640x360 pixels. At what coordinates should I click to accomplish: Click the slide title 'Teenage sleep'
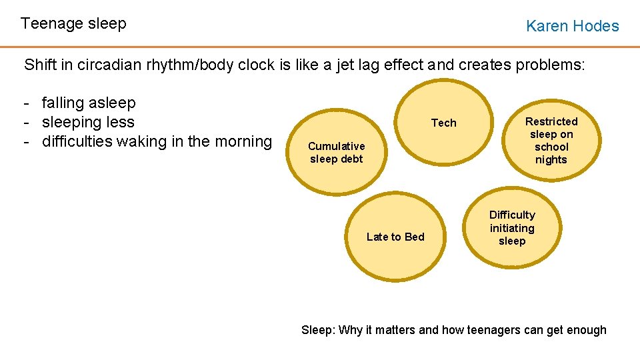pyautogui.click(x=73, y=24)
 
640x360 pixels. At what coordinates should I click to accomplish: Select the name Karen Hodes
pyautogui.click(x=572, y=26)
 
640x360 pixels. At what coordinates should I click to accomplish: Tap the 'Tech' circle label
pyautogui.click(x=444, y=123)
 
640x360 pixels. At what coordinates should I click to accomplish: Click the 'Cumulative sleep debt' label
pyautogui.click(x=337, y=152)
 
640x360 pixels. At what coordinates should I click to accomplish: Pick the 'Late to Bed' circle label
pyautogui.click(x=395, y=237)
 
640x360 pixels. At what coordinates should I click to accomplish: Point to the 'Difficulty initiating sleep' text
pyautogui.click(x=512, y=228)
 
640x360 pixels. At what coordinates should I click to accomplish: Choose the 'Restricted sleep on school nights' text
pyautogui.click(x=551, y=140)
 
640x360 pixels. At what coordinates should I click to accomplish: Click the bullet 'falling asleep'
pyautogui.click(x=88, y=103)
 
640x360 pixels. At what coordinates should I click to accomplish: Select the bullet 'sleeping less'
pyautogui.click(x=88, y=123)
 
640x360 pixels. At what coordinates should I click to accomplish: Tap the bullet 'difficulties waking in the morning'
pyautogui.click(x=157, y=142)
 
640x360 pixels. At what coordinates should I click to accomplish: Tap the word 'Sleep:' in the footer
pyautogui.click(x=319, y=330)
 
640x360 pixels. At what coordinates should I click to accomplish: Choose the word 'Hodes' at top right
pyautogui.click(x=595, y=26)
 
